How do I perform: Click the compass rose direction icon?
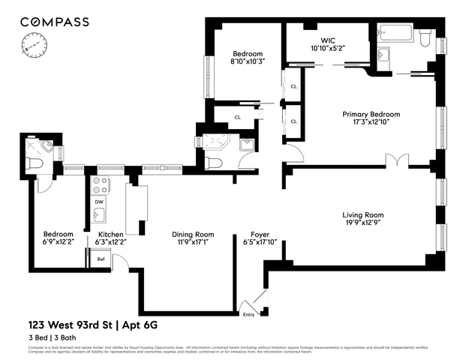pos(33,48)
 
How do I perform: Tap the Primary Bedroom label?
pos(371,114)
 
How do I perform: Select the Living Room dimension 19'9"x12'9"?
pos(368,223)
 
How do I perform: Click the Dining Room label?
pos(193,233)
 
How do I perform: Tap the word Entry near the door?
pos(248,314)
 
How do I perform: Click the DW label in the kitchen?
pos(98,202)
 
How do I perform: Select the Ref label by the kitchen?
pos(101,259)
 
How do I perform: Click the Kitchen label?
pos(110,233)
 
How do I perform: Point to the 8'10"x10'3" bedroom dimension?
pos(247,62)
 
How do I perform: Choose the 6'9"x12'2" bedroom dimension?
pos(58,242)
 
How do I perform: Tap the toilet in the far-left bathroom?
pos(35,163)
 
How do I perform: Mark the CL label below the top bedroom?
pos(237,117)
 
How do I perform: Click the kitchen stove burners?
pos(100,185)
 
